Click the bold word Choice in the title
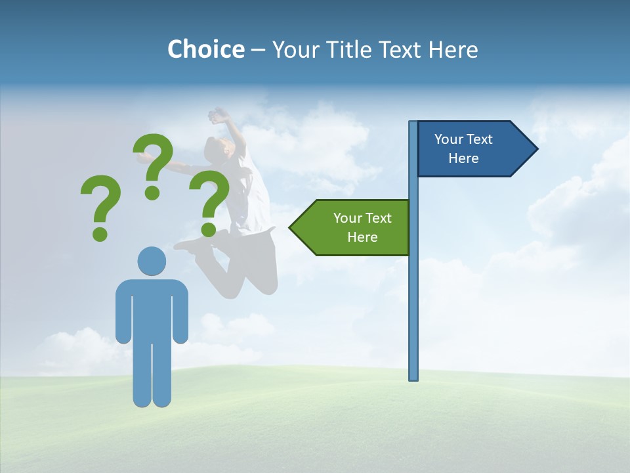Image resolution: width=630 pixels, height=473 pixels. tap(205, 49)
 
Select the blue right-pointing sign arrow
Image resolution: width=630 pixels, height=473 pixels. tap(472, 148)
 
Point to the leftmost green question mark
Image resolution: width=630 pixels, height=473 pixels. tap(100, 205)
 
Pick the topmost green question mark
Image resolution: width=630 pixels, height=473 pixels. tap(153, 164)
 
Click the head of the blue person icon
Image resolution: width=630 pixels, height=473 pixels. tap(152, 261)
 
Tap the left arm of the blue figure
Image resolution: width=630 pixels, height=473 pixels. tap(123, 312)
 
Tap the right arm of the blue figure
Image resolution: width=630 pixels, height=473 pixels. tap(181, 312)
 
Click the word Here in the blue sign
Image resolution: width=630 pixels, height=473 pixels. tap(463, 158)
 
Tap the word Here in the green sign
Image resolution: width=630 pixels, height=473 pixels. tap(362, 237)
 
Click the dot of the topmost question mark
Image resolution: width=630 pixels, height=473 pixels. tap(152, 192)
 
